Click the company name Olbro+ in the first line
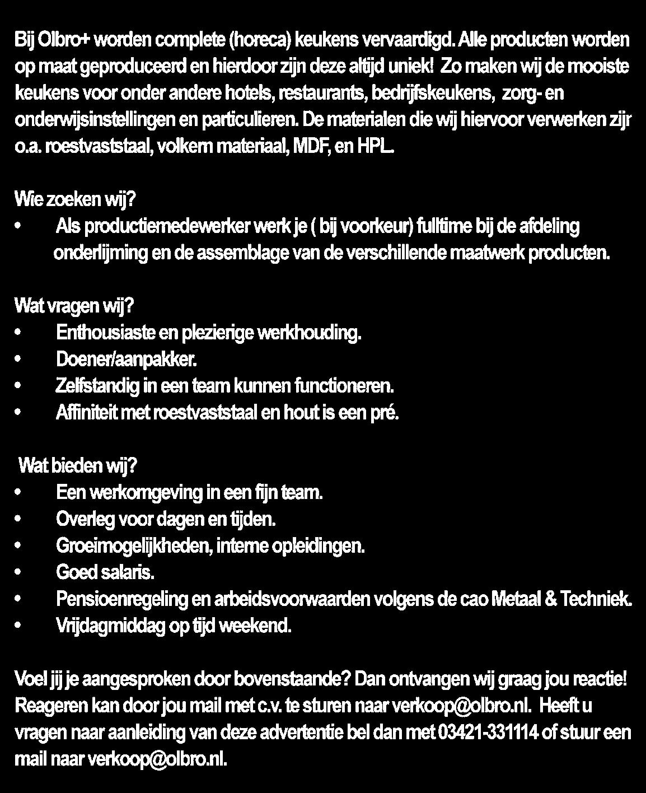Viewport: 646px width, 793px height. (x=55, y=40)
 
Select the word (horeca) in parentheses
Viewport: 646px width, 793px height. (x=261, y=40)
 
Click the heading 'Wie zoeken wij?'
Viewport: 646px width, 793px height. (x=75, y=199)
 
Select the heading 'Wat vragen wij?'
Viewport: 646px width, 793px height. (x=74, y=306)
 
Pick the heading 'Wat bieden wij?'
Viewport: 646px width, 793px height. (x=78, y=466)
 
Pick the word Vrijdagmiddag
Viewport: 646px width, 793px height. (x=110, y=626)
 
